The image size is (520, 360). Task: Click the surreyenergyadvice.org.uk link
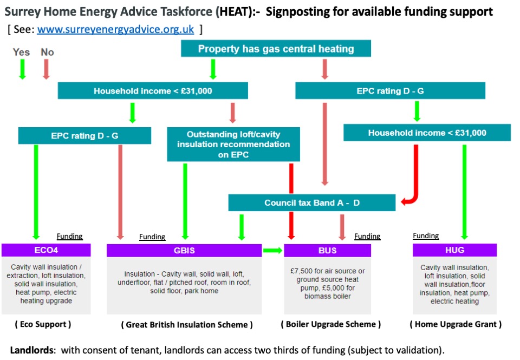[x=115, y=29]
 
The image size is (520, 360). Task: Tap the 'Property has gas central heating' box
[x=276, y=49]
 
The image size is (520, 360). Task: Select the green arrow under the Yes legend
[x=22, y=69]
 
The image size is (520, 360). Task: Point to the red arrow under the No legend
[x=47, y=69]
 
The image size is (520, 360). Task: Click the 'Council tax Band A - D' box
[x=311, y=203]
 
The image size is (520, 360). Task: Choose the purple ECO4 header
[x=46, y=251]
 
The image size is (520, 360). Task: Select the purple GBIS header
[x=184, y=251]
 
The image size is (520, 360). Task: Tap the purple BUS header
[x=327, y=251]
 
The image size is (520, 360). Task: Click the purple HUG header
[x=454, y=251]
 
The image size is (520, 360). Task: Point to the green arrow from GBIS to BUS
[x=273, y=251]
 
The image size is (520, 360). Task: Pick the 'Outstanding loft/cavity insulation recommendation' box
[x=233, y=145]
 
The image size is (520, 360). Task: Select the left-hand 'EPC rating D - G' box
[x=84, y=136]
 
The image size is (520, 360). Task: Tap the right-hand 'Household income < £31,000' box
[x=427, y=133]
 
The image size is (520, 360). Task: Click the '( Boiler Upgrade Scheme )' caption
[x=330, y=324]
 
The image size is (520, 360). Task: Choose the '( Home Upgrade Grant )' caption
[x=455, y=324]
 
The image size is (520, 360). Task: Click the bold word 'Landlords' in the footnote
[x=32, y=350]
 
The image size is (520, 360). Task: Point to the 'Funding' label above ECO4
[x=69, y=236]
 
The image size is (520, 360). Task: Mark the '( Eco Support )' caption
[x=42, y=324]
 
